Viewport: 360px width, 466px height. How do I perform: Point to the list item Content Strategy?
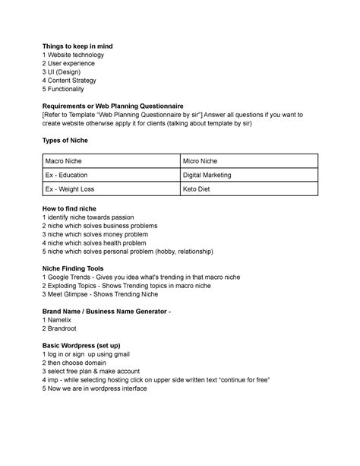click(80, 81)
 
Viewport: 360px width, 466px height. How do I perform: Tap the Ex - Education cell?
click(68, 175)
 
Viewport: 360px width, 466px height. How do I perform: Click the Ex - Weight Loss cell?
click(72, 189)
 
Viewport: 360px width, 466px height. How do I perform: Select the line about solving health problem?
click(103, 243)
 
